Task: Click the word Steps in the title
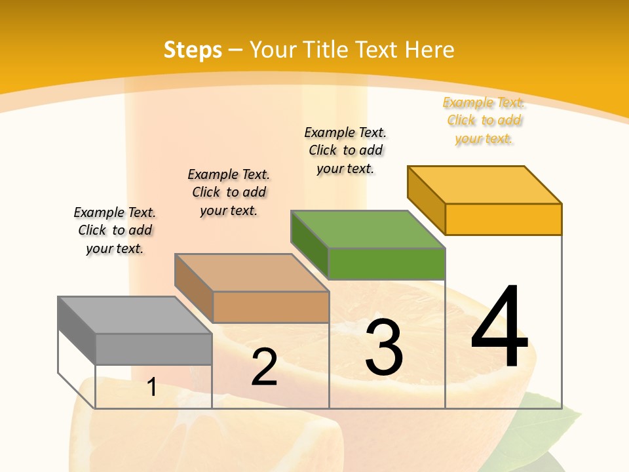point(192,50)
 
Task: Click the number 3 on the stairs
point(383,347)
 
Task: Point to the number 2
point(264,367)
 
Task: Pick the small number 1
point(152,387)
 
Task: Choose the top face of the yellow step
point(484,184)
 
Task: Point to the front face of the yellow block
point(503,219)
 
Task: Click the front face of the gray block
point(153,349)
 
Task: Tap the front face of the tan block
point(271,307)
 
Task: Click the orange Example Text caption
point(484,121)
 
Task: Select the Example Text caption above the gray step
point(115,230)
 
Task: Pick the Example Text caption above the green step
point(345,150)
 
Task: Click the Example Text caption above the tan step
point(229,192)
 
